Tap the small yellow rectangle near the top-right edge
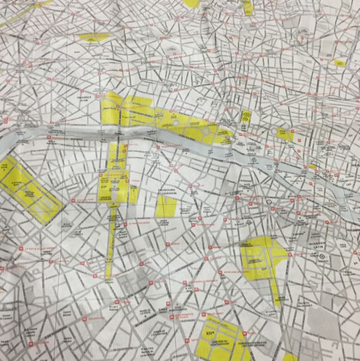point(339,63)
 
